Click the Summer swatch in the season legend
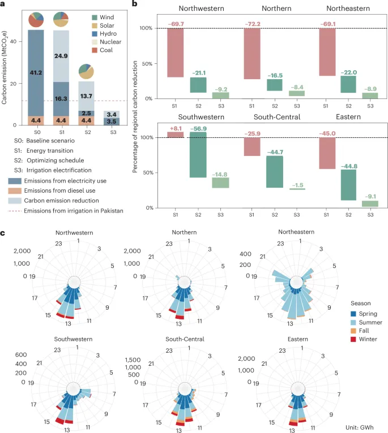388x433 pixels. tap(345, 322)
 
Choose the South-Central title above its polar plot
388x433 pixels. tap(185, 339)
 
